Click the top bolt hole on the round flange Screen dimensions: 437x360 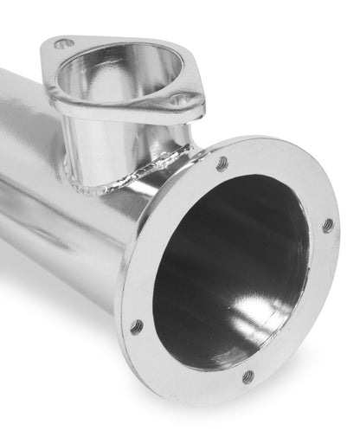(222, 163)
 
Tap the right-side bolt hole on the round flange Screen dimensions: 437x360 (327, 225)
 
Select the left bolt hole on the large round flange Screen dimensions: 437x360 (137, 326)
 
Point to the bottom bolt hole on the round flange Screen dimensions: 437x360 (248, 376)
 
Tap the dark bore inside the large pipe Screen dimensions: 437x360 (216, 286)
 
